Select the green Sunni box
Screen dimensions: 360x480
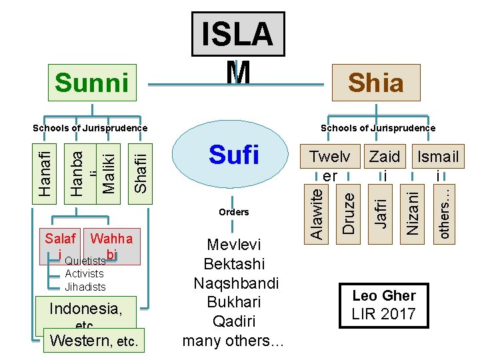(x=92, y=82)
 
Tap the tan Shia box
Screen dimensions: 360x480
(x=376, y=82)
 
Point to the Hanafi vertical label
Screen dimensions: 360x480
(x=44, y=167)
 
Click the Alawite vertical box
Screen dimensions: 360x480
(x=319, y=211)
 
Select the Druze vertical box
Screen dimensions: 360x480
(x=349, y=211)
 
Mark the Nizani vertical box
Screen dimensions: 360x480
(x=414, y=211)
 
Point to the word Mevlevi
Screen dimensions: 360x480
(x=233, y=244)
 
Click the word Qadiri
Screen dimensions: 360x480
(x=233, y=321)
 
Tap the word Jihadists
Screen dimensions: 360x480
(x=85, y=287)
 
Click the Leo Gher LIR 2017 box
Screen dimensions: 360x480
(x=384, y=305)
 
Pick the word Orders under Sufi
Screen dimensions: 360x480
(x=233, y=212)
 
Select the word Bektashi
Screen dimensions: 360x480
(x=233, y=263)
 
